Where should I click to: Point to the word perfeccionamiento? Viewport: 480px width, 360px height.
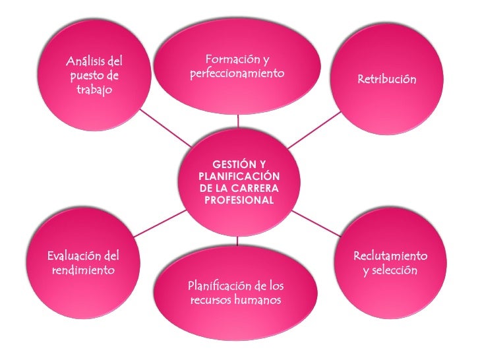(x=237, y=73)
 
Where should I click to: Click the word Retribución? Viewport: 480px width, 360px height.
(x=387, y=79)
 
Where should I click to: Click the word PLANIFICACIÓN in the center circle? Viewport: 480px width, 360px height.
(x=239, y=176)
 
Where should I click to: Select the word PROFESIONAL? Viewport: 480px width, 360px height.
(x=239, y=200)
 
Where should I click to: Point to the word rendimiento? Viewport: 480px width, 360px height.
(x=83, y=270)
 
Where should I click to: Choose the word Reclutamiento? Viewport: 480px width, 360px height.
(x=390, y=256)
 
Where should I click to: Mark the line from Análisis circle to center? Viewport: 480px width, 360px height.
(x=165, y=129)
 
